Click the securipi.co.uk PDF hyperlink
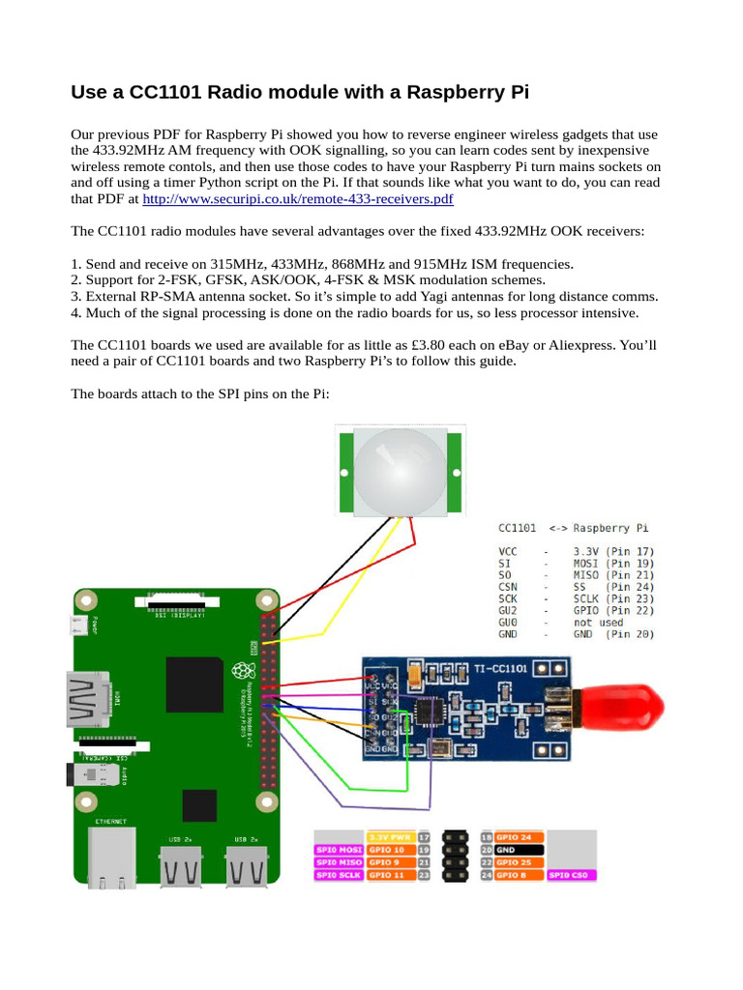pos(298,199)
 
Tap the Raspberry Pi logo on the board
pos(240,670)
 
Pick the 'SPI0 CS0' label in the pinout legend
pos(572,875)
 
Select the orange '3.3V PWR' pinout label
pos(390,837)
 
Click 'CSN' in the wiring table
pos(509,586)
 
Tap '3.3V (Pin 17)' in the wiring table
pos(609,549)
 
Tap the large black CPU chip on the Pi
pos(194,684)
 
